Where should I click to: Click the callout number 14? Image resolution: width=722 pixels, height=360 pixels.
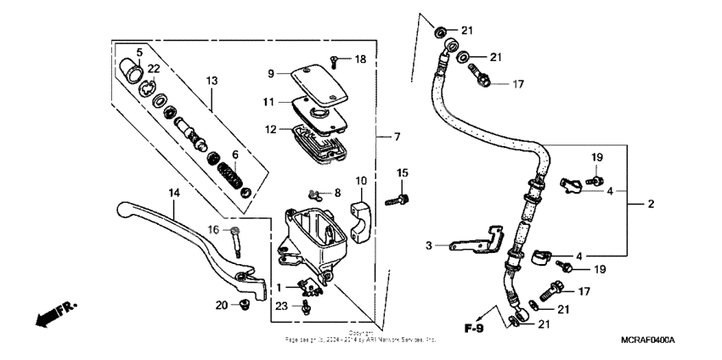pos(174,194)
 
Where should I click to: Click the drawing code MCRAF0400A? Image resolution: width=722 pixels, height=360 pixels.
pos(647,340)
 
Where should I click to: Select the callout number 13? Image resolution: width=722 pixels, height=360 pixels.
pos(212,80)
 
